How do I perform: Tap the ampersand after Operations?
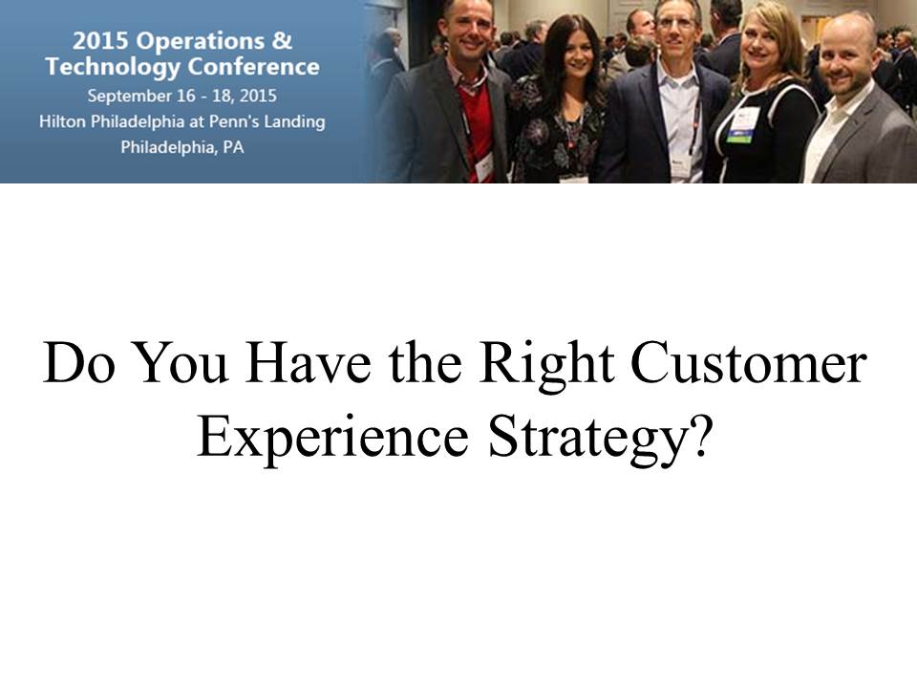pyautogui.click(x=281, y=40)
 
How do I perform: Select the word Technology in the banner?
pyautogui.click(x=113, y=67)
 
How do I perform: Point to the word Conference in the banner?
pyautogui.click(x=254, y=66)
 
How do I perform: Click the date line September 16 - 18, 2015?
pyautogui.click(x=181, y=96)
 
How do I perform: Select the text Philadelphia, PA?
pyautogui.click(x=181, y=147)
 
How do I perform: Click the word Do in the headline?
pyautogui.click(x=77, y=363)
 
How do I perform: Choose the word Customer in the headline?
pyautogui.click(x=749, y=363)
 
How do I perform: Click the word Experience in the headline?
pyautogui.click(x=332, y=439)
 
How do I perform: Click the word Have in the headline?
pyautogui.click(x=308, y=363)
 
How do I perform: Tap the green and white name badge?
pyautogui.click(x=742, y=124)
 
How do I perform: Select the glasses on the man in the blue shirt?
pyautogui.click(x=675, y=24)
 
